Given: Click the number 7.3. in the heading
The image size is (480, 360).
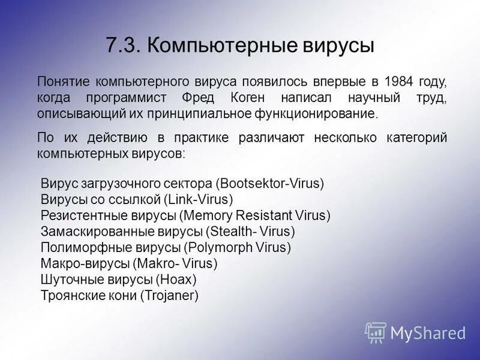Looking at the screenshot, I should [x=123, y=46].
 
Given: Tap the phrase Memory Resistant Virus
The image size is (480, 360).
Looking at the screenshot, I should [x=257, y=215].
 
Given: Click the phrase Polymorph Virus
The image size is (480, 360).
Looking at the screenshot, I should [x=238, y=247].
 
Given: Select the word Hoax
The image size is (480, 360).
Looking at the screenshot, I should [x=176, y=279].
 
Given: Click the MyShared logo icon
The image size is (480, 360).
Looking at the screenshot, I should [x=376, y=332].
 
